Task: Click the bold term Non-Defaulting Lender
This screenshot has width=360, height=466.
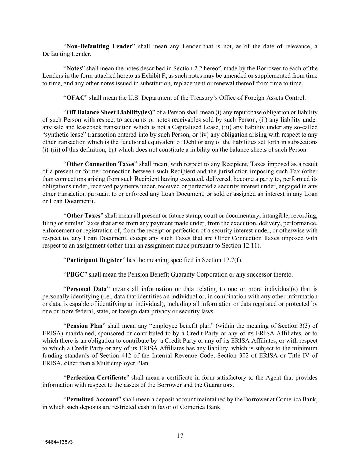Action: click(x=99, y=46)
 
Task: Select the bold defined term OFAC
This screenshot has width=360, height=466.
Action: click(x=75, y=98)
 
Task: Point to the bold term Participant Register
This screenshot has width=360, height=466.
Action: click(x=94, y=260)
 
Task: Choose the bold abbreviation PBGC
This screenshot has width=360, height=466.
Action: click(x=75, y=274)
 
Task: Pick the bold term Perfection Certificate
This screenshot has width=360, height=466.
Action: click(x=96, y=378)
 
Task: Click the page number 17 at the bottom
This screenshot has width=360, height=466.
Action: click(x=180, y=436)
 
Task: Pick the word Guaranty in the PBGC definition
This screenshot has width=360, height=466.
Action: click(x=188, y=274)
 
